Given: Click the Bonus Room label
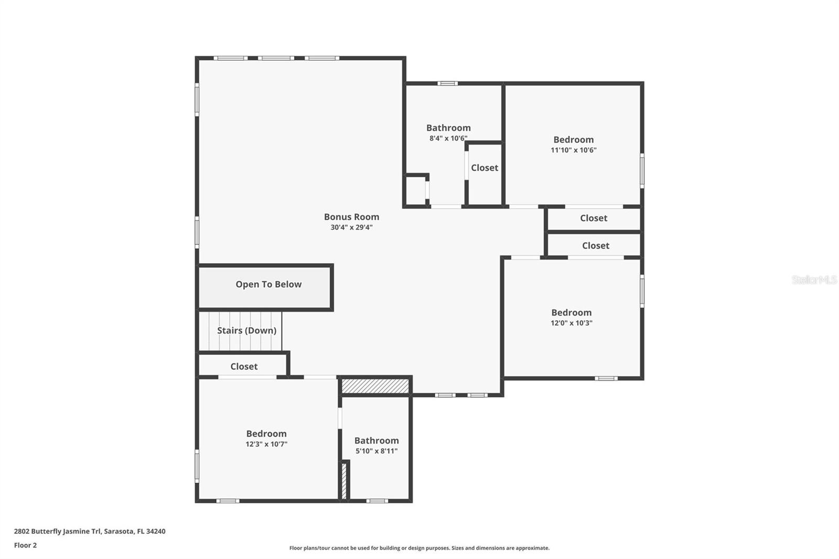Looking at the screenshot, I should pyautogui.click(x=351, y=217).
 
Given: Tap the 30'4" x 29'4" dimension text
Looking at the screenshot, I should pyautogui.click(x=351, y=228).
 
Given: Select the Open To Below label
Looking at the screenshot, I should pyautogui.click(x=268, y=284).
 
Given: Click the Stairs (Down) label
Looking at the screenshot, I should pyautogui.click(x=246, y=330).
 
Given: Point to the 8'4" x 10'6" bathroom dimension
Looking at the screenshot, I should pyautogui.click(x=448, y=138).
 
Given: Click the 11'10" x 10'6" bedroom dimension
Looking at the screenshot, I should pyautogui.click(x=573, y=150).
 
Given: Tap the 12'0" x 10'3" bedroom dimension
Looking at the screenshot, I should pyautogui.click(x=571, y=323).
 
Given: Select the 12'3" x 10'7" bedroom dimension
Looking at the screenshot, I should pyautogui.click(x=266, y=444).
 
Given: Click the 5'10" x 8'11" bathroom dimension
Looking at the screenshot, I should pyautogui.click(x=377, y=451).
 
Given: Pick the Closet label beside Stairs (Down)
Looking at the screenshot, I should pyautogui.click(x=244, y=367).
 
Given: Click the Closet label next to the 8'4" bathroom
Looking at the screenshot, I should pyautogui.click(x=485, y=168).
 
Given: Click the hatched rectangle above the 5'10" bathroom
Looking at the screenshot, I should pyautogui.click(x=375, y=386).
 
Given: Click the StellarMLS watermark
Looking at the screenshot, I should pyautogui.click(x=814, y=280).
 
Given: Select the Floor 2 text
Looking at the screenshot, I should pyautogui.click(x=25, y=545).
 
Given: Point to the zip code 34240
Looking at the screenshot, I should pyautogui.click(x=156, y=531).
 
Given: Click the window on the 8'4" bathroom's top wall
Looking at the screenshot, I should pyautogui.click(x=447, y=83).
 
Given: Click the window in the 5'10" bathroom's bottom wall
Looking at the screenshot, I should pyautogui.click(x=377, y=501).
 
